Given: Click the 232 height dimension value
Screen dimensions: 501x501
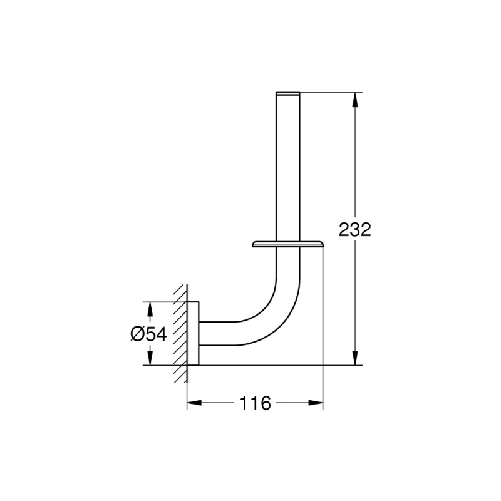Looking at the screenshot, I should (x=355, y=229).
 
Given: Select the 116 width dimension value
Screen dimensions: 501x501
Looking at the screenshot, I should (x=256, y=403).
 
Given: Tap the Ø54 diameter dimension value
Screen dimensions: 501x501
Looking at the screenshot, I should (x=148, y=334).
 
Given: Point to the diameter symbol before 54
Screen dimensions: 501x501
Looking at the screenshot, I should (x=138, y=334).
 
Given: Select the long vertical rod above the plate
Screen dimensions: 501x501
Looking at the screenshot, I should (x=288, y=169).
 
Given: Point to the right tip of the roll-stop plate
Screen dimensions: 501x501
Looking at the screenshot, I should (x=322, y=245).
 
